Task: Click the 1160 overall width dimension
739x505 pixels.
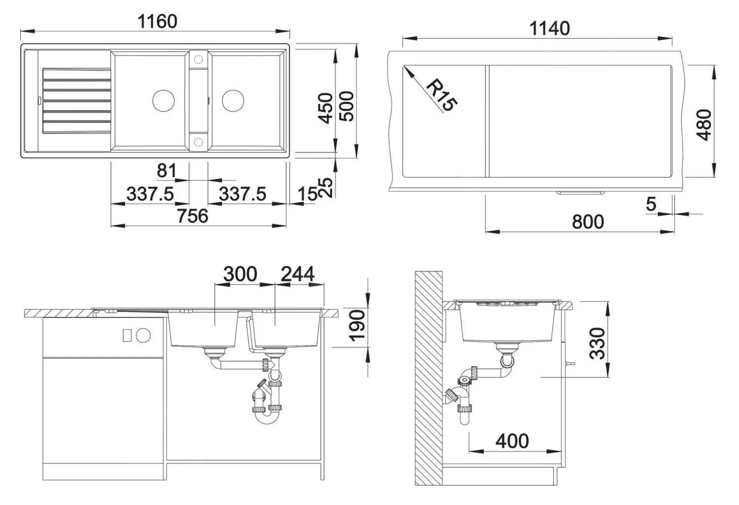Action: click(157, 22)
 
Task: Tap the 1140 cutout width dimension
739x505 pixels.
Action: click(549, 28)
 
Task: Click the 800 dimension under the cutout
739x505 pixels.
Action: click(588, 222)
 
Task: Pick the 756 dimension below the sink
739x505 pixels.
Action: click(192, 216)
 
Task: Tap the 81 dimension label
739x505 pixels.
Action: click(167, 171)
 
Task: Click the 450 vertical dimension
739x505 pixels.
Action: click(326, 108)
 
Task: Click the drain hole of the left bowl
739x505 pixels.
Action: click(164, 100)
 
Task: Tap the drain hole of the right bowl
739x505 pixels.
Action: click(233, 100)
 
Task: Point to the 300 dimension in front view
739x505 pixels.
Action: click(240, 274)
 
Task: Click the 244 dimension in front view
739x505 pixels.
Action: click(298, 274)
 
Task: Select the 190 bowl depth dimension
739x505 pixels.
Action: click(356, 325)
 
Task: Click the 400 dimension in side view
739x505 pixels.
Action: click(512, 441)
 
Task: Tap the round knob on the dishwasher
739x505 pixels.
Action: click(143, 335)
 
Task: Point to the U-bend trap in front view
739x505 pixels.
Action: click(266, 418)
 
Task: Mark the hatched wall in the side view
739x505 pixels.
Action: click(428, 379)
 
